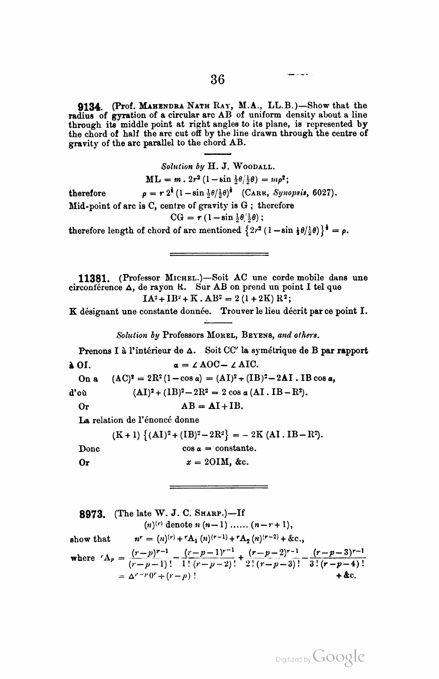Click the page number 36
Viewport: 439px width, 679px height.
pos(217,79)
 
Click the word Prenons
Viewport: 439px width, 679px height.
pos(94,351)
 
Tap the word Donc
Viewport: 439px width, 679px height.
pos(89,449)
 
